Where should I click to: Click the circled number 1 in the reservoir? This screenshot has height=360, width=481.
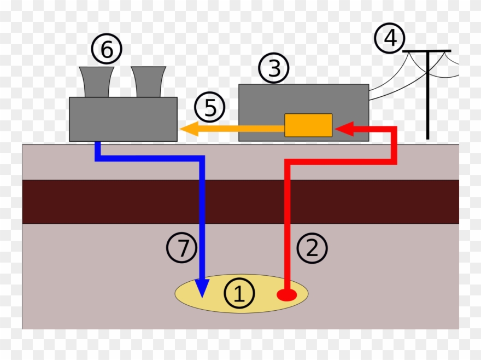click(x=239, y=294)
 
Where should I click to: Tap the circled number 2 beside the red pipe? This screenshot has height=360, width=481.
click(x=312, y=248)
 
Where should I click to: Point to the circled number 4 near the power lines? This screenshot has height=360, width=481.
click(x=390, y=39)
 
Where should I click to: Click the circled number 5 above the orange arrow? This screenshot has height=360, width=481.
click(x=210, y=108)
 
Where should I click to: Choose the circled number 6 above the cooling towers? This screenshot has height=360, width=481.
click(x=107, y=50)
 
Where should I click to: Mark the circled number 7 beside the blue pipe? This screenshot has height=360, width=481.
click(x=181, y=248)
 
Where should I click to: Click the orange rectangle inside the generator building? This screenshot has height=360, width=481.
click(x=308, y=125)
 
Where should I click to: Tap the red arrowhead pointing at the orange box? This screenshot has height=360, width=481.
click(x=343, y=129)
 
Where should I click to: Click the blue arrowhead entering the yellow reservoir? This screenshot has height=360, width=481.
click(x=202, y=288)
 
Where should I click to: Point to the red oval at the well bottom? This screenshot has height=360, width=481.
click(x=286, y=295)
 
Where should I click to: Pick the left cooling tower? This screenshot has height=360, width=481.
click(x=97, y=82)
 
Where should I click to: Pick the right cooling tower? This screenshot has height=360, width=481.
click(x=148, y=82)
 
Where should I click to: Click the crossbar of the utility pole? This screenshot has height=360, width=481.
click(x=427, y=51)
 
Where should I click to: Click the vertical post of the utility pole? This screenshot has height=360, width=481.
click(x=427, y=98)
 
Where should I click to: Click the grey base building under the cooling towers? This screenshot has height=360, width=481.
click(x=123, y=119)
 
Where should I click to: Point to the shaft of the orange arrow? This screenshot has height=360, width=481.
click(x=241, y=129)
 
